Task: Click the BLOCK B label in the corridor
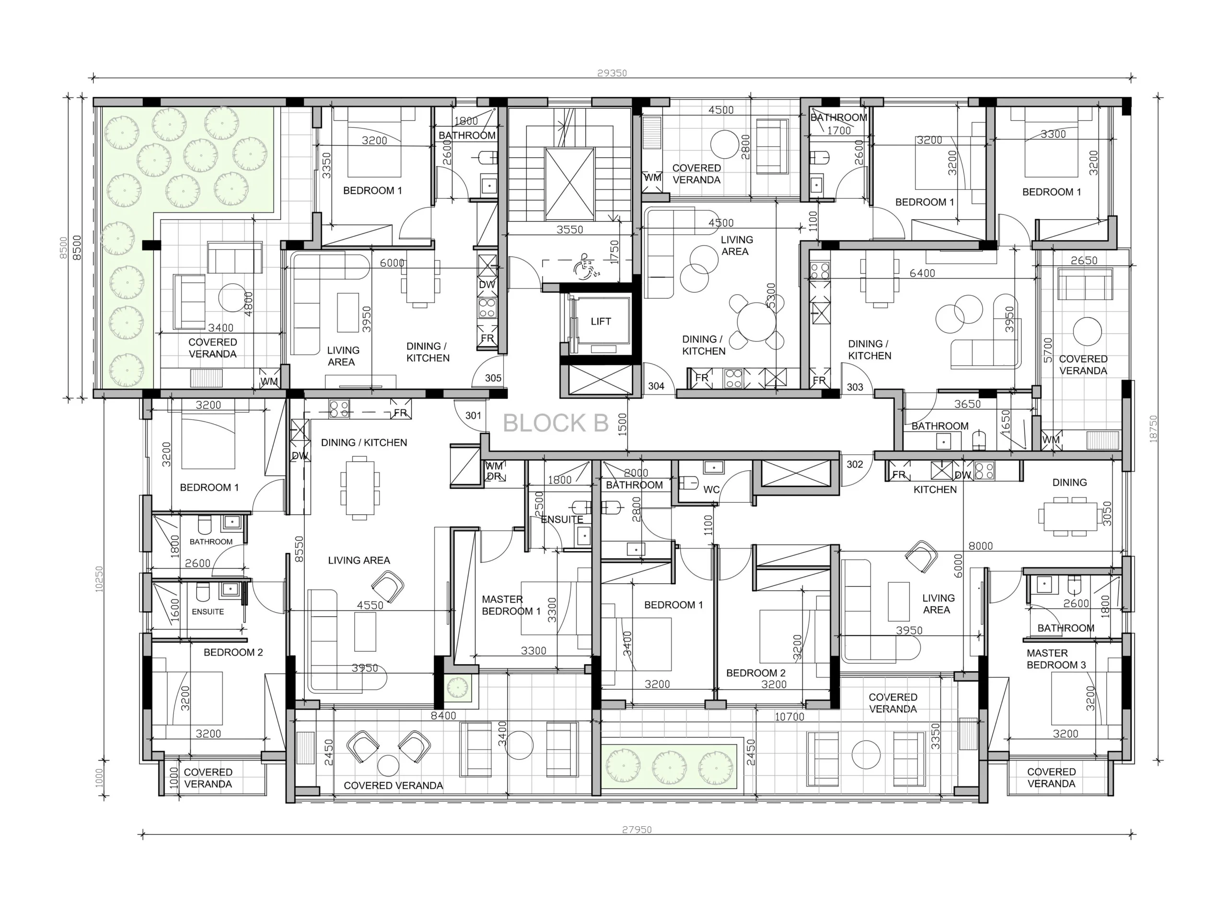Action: click(x=556, y=423)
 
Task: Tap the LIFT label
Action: click(x=601, y=322)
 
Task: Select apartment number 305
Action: click(x=493, y=378)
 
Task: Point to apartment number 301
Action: click(x=474, y=416)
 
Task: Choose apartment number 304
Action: click(x=656, y=386)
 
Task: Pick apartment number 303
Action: click(x=855, y=387)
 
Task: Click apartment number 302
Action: click(x=855, y=464)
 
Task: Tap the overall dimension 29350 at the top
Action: click(x=612, y=73)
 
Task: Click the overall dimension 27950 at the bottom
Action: click(x=637, y=829)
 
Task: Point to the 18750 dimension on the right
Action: click(x=1154, y=429)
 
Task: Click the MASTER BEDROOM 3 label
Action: click(x=1056, y=659)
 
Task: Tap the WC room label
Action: click(x=711, y=490)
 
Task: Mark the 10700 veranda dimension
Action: click(x=790, y=717)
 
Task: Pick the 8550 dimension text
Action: click(x=299, y=549)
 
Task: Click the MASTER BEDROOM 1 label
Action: click(x=511, y=605)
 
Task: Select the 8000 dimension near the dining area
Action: click(x=981, y=546)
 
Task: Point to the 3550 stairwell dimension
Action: click(x=570, y=230)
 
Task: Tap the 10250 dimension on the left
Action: click(x=99, y=579)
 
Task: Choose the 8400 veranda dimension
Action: click(x=443, y=716)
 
